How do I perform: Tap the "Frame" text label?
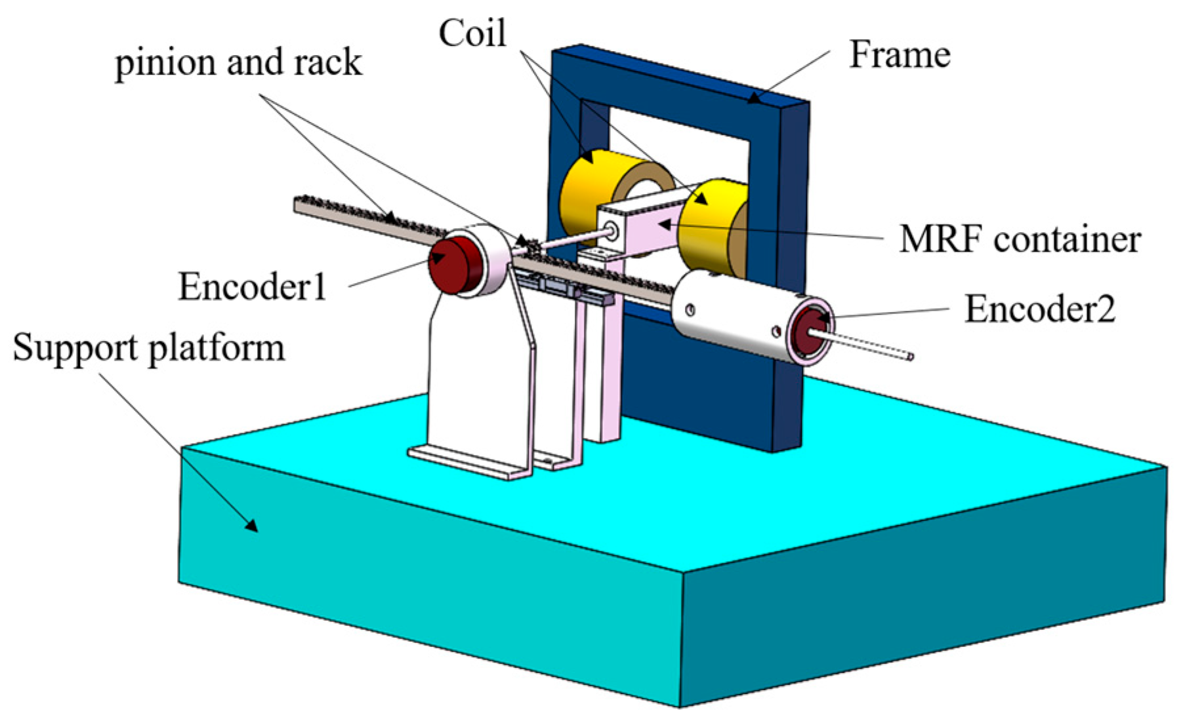(900, 55)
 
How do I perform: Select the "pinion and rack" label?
(238, 64)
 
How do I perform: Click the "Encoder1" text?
(253, 287)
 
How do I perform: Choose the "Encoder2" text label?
(1040, 309)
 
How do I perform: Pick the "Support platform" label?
(149, 348)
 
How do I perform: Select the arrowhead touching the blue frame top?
(755, 100)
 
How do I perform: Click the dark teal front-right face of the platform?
(919, 610)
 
